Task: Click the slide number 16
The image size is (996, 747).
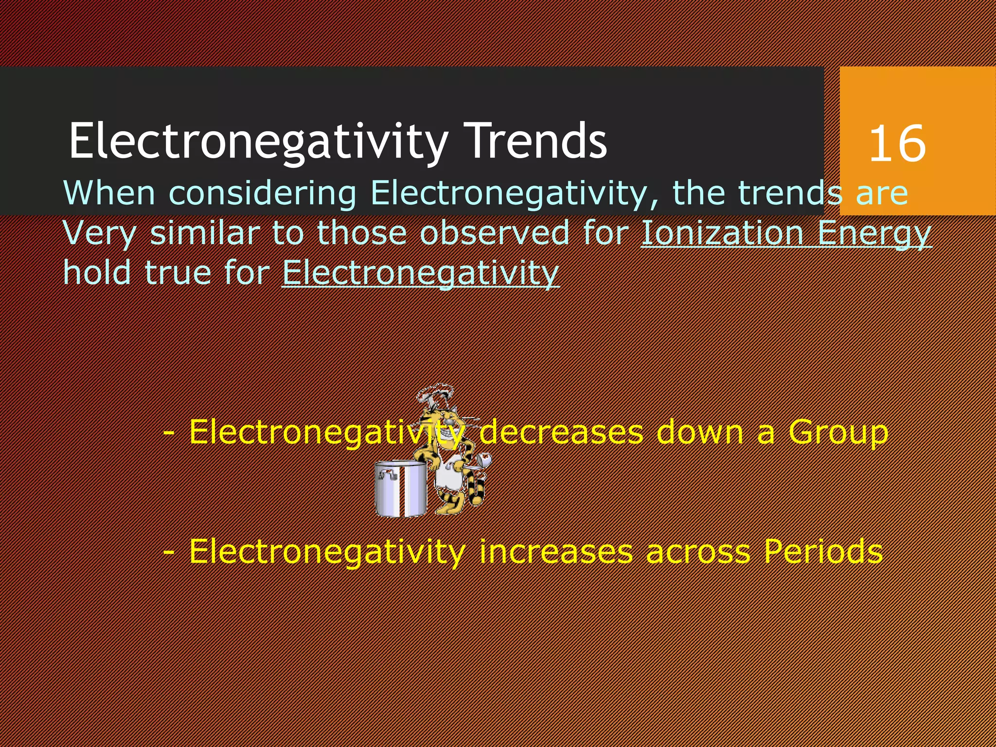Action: (897, 143)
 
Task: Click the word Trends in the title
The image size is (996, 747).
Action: (535, 141)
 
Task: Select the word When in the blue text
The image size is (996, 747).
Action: (109, 193)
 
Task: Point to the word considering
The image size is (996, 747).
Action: (263, 194)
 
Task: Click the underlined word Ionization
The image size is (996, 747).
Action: (722, 233)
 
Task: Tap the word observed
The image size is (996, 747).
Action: (494, 233)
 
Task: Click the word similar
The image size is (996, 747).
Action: (205, 233)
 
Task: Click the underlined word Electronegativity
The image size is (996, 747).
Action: (420, 273)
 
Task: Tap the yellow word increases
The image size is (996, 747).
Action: (556, 551)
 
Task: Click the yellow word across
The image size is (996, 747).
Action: (698, 552)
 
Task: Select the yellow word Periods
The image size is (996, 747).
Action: (823, 551)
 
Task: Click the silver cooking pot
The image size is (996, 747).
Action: (401, 489)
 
